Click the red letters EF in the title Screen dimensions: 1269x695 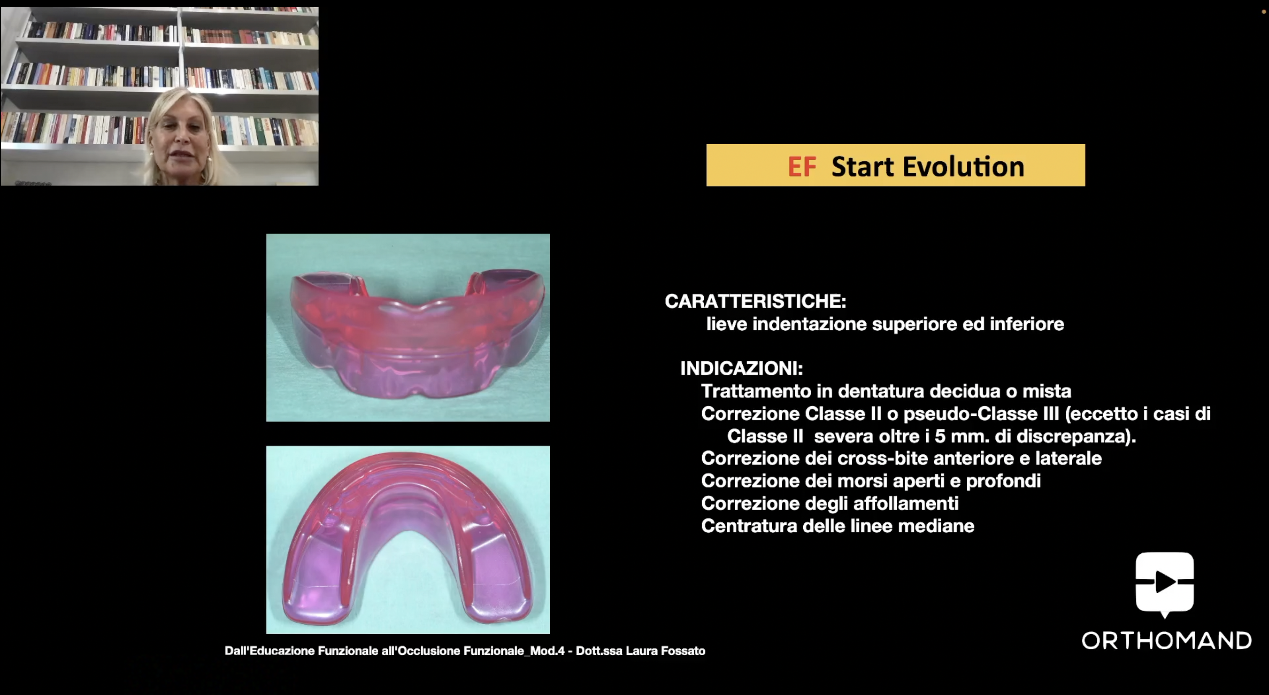(802, 166)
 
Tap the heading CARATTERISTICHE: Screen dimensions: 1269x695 (755, 301)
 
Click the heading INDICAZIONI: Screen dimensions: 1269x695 (742, 368)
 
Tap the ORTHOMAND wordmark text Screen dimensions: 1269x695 (1167, 641)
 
